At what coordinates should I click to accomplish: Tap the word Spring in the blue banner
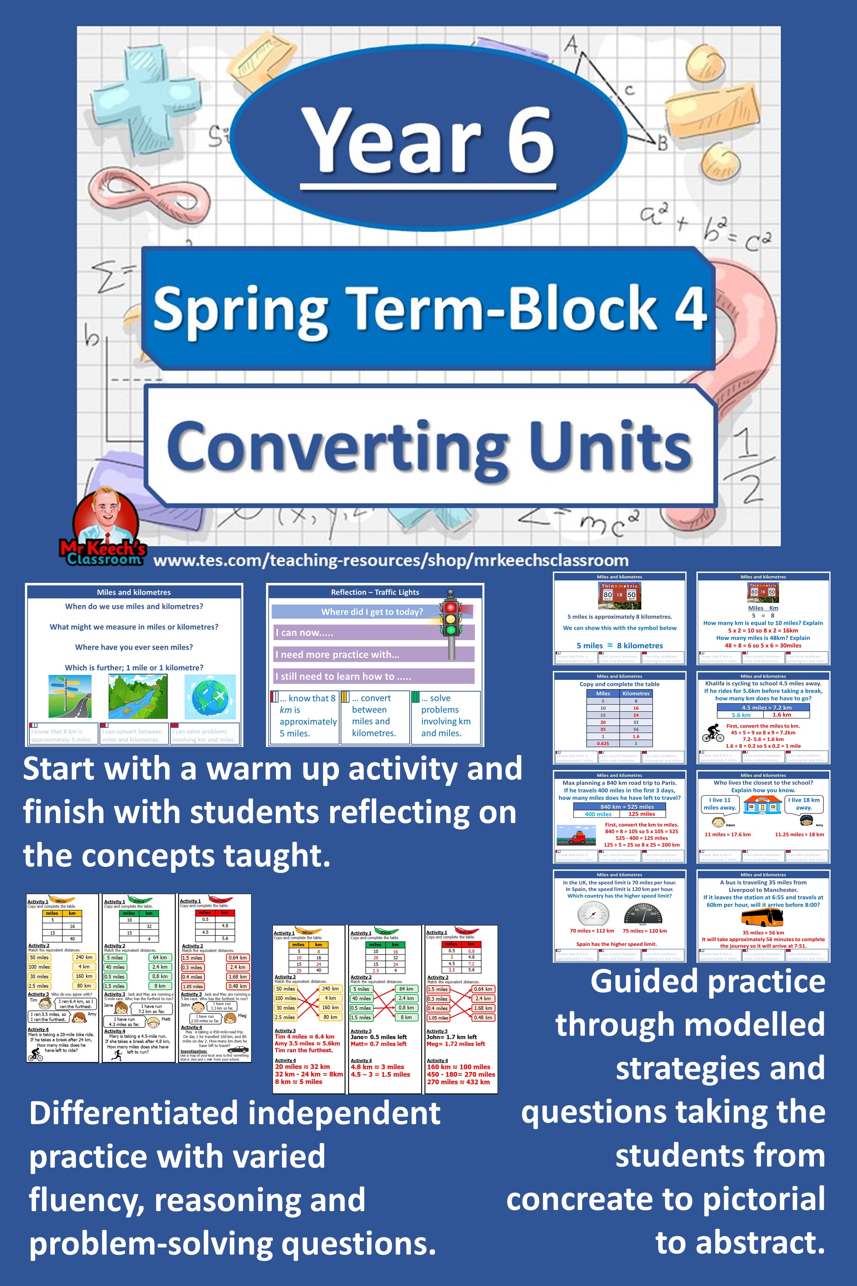[x=240, y=309]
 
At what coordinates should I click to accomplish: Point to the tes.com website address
[x=391, y=561]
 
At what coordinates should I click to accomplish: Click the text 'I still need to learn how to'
[x=343, y=676]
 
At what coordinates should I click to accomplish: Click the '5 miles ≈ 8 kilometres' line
[x=619, y=646]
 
